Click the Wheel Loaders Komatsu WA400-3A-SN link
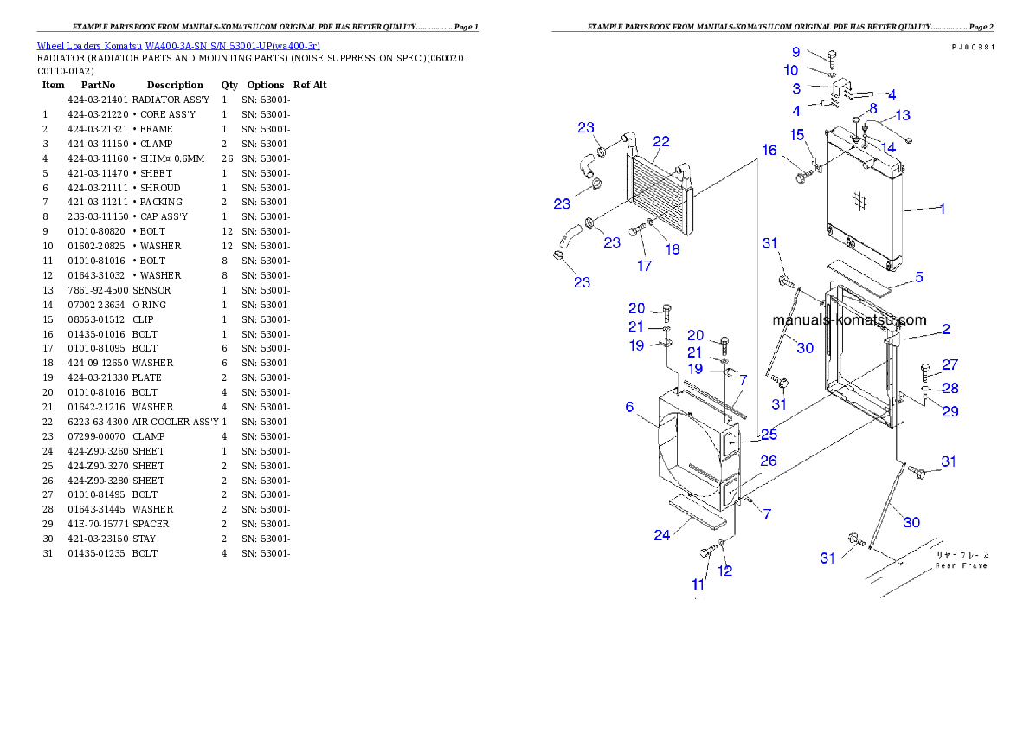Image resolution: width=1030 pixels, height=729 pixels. [178, 46]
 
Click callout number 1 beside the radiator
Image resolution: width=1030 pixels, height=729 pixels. [943, 209]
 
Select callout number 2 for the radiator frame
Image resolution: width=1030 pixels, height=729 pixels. [946, 329]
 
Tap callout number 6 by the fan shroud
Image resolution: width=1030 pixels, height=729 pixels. [629, 407]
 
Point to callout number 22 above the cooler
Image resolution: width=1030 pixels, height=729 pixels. [661, 141]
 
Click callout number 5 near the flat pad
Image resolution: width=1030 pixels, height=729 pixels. [919, 277]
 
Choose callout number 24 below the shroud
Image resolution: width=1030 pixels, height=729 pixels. [661, 535]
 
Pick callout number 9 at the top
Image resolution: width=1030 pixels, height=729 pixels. [795, 52]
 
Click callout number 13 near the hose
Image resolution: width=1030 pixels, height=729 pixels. [902, 115]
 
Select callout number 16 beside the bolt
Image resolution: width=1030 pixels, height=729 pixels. [769, 151]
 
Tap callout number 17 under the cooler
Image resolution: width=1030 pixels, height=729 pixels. [644, 266]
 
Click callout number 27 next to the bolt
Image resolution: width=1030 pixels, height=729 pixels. [950, 365]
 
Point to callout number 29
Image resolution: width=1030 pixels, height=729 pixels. [950, 411]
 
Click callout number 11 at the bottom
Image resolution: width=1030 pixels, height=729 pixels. [698, 585]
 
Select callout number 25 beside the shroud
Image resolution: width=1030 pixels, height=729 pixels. [769, 435]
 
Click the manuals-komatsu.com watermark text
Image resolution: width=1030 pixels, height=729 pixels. [848, 319]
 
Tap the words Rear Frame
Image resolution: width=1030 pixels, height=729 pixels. [961, 565]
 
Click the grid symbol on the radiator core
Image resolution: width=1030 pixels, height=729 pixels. [860, 201]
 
